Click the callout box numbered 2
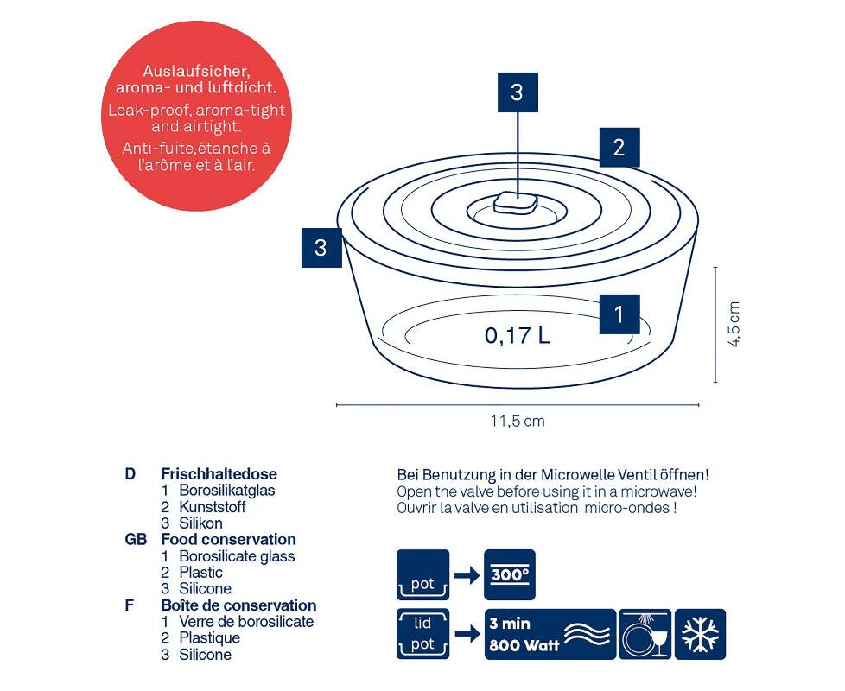click(619, 147)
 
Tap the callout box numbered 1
click(619, 314)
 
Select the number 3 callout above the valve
click(518, 92)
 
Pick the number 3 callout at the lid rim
click(321, 248)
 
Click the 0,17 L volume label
click(518, 335)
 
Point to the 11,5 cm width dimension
click(518, 421)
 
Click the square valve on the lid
click(516, 202)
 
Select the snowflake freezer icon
click(700, 634)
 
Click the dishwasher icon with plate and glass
click(645, 634)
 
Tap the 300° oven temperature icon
click(509, 574)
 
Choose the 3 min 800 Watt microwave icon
click(550, 634)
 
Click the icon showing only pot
click(422, 574)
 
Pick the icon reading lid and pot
click(422, 634)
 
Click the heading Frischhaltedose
click(219, 474)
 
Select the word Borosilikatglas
click(227, 491)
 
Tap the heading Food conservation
click(228, 540)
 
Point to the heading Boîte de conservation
click(238, 605)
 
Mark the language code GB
click(136, 540)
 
